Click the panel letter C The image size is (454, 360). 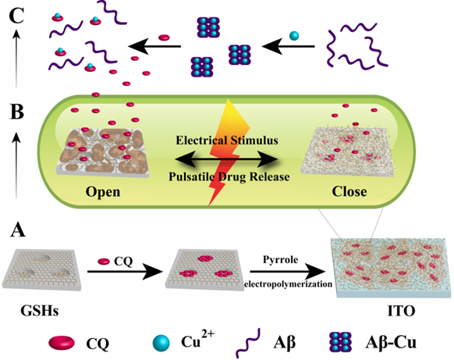(x=16, y=16)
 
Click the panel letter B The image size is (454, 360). (x=17, y=112)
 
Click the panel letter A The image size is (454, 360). (x=18, y=230)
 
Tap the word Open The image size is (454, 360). (x=103, y=192)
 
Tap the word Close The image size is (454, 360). (x=349, y=191)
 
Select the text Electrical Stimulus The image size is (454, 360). (x=227, y=141)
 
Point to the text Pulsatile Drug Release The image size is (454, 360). (x=229, y=176)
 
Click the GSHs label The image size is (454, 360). (x=40, y=311)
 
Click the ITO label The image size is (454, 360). (x=401, y=311)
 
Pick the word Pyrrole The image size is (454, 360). (x=280, y=260)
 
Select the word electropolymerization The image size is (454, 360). (x=289, y=284)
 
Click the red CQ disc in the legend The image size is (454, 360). (x=62, y=343)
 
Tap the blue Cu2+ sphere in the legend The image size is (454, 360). (x=161, y=343)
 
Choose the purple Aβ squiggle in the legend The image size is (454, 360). (x=248, y=344)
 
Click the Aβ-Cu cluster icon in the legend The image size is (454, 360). (x=340, y=342)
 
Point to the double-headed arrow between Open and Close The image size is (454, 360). (x=227, y=159)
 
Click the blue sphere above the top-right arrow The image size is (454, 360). (x=294, y=36)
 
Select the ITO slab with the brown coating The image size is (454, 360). (x=392, y=268)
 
